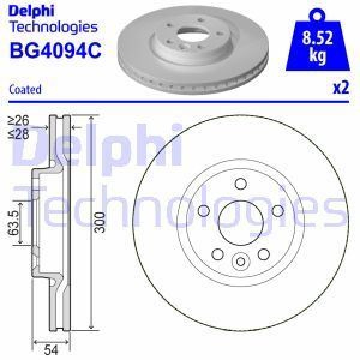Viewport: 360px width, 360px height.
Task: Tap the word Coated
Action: pyautogui.click(x=25, y=89)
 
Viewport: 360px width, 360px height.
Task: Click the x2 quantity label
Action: pyautogui.click(x=340, y=88)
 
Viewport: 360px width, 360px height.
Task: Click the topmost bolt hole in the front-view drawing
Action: pyautogui.click(x=241, y=184)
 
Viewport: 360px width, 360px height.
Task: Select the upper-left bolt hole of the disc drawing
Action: pyautogui.click(x=203, y=210)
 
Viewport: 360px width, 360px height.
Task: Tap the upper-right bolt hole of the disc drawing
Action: pyautogui.click(x=278, y=210)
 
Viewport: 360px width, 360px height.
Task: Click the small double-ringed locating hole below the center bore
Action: pyautogui.click(x=241, y=261)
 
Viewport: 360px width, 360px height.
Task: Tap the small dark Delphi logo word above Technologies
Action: pyautogui.click(x=32, y=11)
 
